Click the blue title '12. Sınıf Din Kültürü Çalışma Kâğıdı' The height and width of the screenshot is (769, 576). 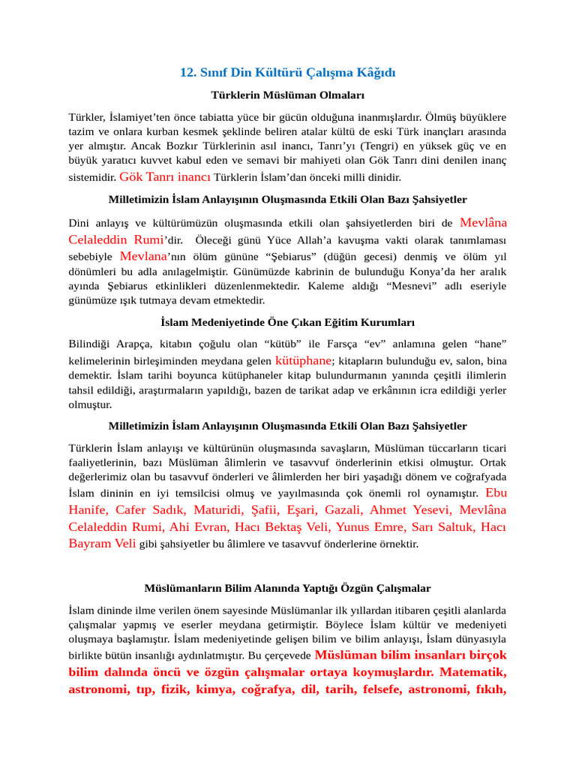pyautogui.click(x=287, y=72)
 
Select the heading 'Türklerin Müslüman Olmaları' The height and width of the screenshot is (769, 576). pyautogui.click(x=287, y=95)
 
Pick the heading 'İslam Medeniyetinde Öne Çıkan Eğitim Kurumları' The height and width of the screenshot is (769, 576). pyautogui.click(x=287, y=322)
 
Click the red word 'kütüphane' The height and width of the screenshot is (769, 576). pyautogui.click(x=303, y=360)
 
